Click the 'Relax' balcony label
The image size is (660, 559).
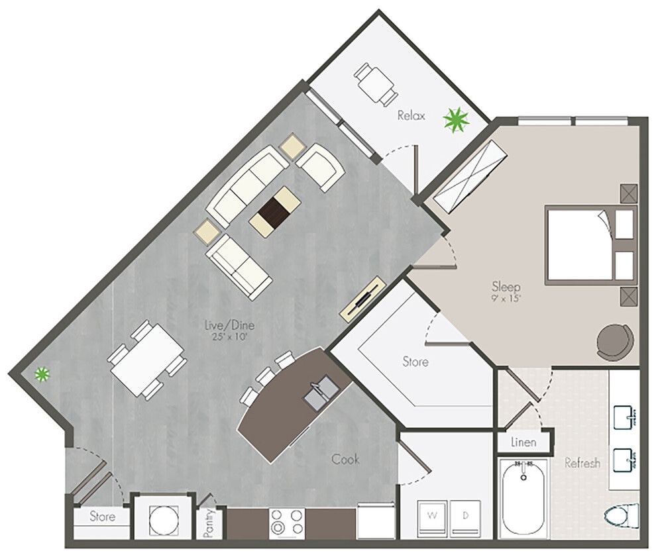pos(411,116)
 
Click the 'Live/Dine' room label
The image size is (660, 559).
pos(229,326)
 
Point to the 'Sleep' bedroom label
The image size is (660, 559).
pos(506,287)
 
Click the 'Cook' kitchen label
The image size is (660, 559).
pos(345,458)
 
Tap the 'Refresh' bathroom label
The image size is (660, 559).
pos(582,463)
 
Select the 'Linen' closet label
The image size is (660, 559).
pos(524,442)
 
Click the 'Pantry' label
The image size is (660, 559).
pos(209,523)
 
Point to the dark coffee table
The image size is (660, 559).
pos(274,210)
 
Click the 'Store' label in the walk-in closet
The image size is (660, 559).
pos(415,362)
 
